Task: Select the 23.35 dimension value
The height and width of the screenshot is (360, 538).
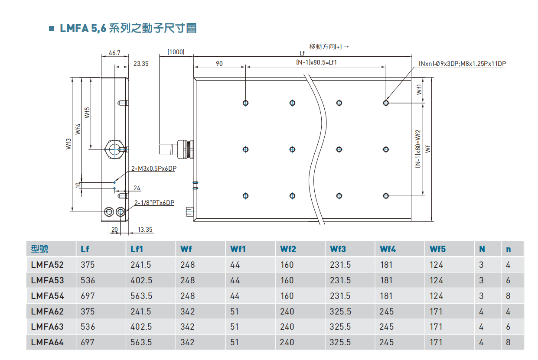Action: tap(141, 63)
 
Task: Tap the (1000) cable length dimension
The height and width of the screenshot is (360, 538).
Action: tap(176, 52)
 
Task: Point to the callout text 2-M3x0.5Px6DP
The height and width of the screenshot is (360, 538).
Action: tap(153, 169)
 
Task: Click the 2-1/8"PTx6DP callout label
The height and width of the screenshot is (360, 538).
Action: tap(154, 202)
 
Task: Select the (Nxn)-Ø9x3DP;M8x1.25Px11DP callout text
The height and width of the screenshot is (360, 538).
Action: tap(462, 64)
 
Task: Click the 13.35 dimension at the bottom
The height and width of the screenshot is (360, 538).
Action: tap(145, 230)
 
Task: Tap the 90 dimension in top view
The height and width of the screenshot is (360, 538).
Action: tap(219, 63)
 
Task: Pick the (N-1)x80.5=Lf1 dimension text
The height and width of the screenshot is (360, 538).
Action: tap(316, 62)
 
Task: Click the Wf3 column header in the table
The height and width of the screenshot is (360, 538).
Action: tap(338, 249)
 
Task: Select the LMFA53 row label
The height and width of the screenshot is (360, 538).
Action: tap(48, 280)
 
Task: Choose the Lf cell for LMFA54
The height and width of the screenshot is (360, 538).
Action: tap(88, 296)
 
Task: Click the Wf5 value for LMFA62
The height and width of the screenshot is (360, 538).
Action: tap(436, 311)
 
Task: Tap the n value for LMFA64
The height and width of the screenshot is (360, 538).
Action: tap(508, 342)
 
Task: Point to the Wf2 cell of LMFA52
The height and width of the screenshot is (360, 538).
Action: tap(287, 265)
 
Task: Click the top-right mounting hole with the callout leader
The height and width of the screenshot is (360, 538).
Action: tap(386, 103)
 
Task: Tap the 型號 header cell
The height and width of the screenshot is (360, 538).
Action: tap(40, 249)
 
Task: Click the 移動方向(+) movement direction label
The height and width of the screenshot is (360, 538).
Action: tap(328, 46)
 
